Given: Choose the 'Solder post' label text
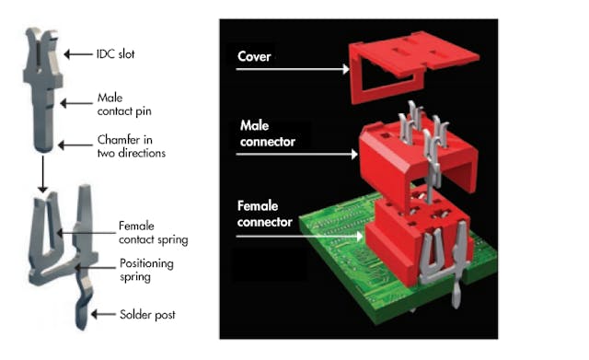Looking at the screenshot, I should pos(147,315).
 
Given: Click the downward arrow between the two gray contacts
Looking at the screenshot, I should pos(42,174).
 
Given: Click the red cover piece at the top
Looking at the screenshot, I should pos(405,64).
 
